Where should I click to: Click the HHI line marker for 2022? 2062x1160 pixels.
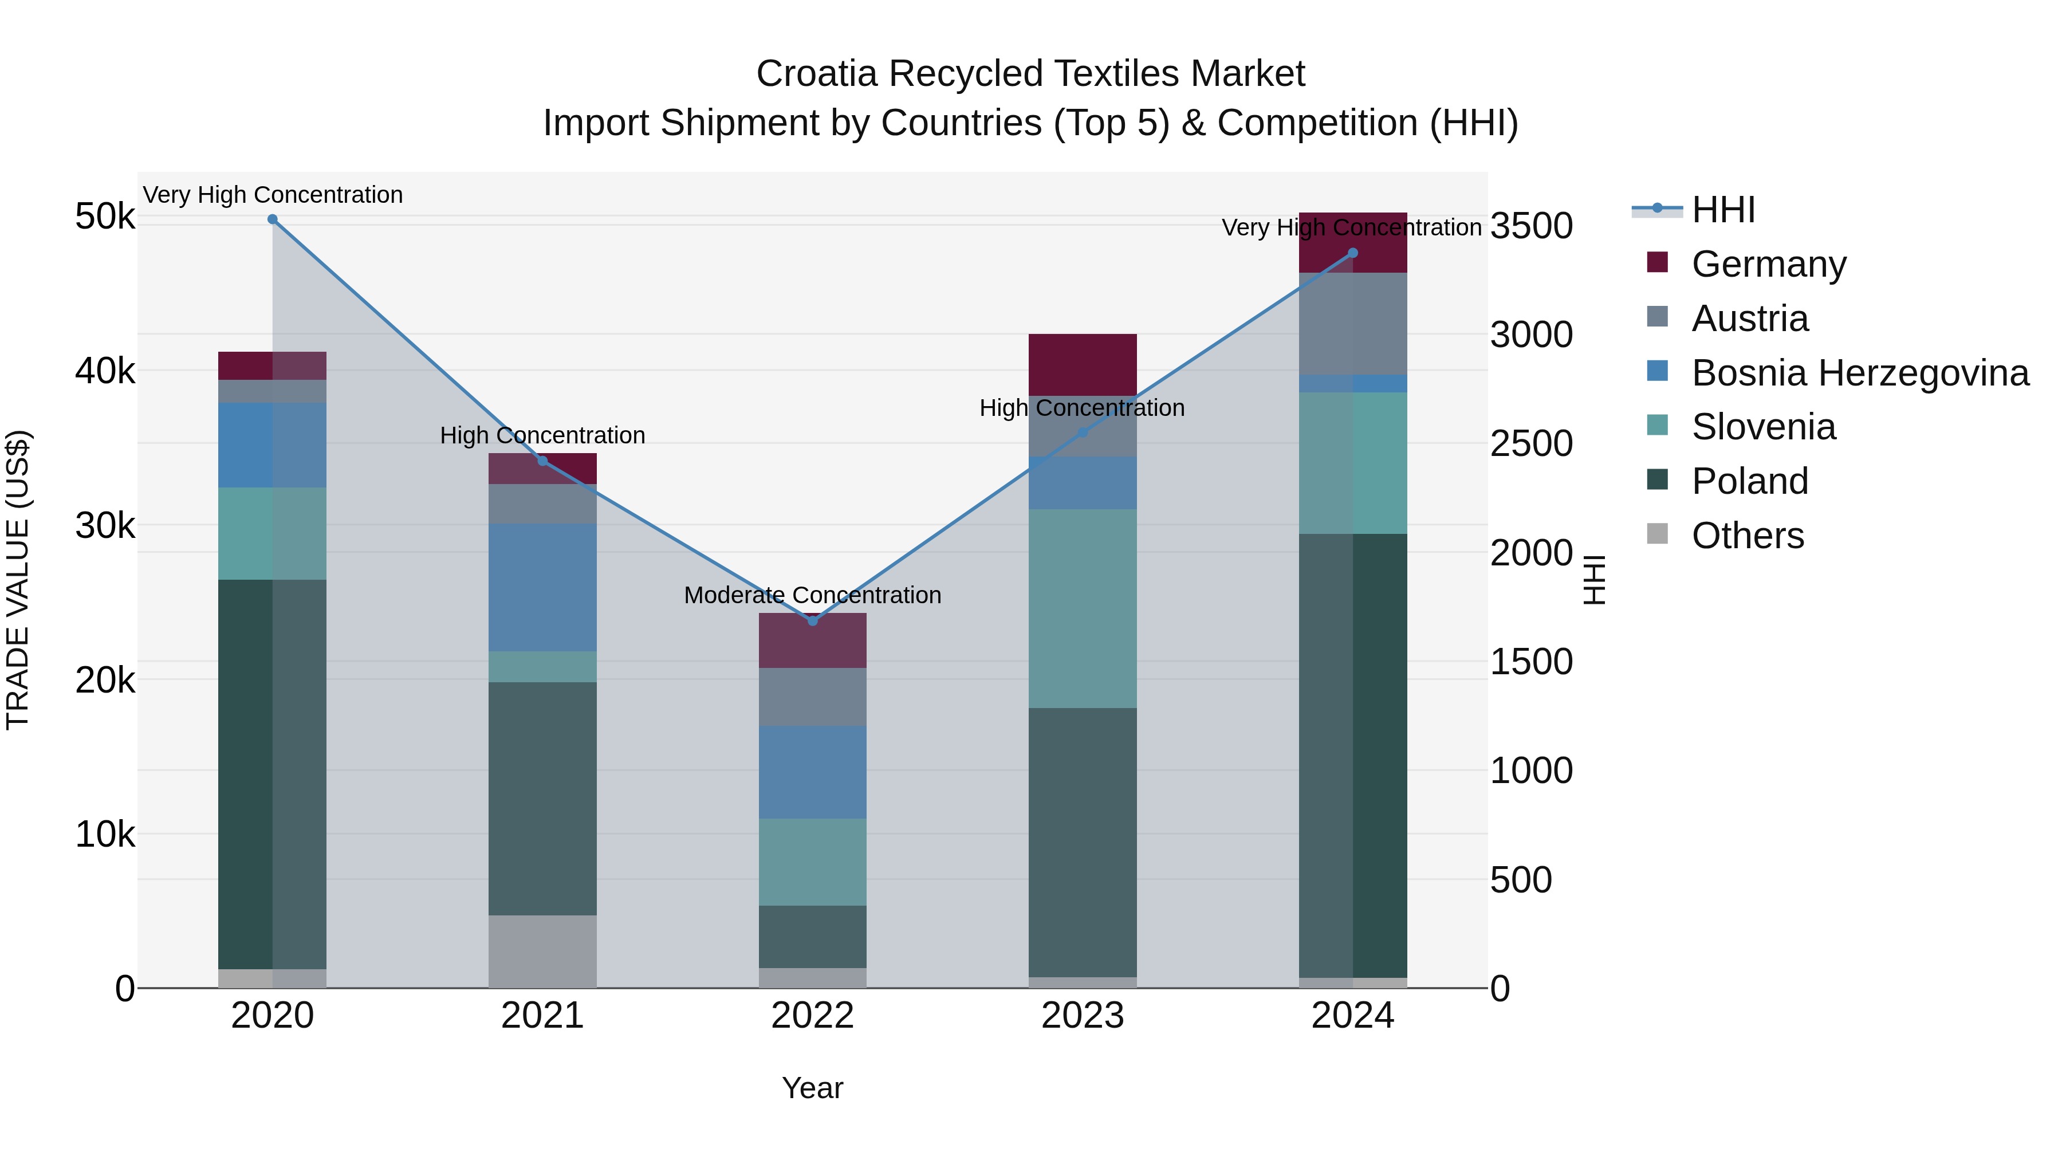click(812, 620)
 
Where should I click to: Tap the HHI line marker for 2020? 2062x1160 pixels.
click(272, 219)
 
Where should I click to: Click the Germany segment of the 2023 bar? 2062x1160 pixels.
click(1082, 364)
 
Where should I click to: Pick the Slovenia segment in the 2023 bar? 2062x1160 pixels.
click(1082, 608)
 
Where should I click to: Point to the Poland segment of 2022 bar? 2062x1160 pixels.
click(812, 937)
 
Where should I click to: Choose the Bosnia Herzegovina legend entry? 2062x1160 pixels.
click(1859, 373)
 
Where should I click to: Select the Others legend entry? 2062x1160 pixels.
click(1748, 536)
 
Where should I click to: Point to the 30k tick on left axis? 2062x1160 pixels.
click(105, 526)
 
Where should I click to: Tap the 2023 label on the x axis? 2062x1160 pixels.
click(1082, 1016)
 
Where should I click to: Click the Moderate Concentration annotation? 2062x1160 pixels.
click(812, 595)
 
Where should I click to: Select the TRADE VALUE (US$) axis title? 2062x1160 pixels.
click(18, 580)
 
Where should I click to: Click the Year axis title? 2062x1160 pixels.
click(812, 1088)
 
